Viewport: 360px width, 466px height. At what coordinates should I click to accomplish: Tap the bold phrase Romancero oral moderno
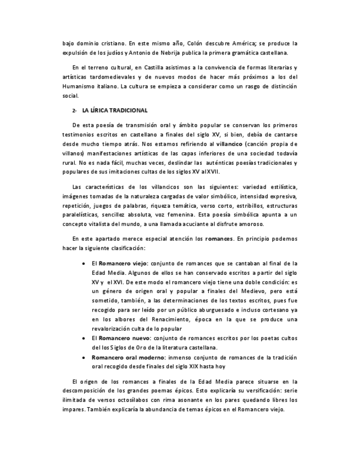[124, 357]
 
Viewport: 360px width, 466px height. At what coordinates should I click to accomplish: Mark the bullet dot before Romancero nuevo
[83, 339]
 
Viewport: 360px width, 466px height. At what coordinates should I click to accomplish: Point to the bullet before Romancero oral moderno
[83, 357]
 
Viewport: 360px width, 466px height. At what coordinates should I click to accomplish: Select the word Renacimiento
[156, 319]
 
